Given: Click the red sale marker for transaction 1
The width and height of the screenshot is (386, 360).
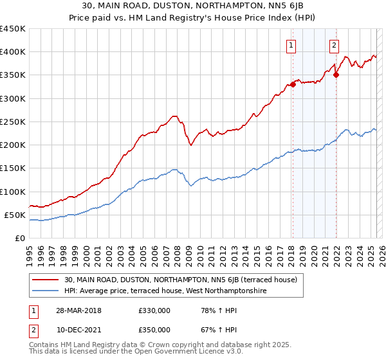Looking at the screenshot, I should pyautogui.click(x=293, y=84).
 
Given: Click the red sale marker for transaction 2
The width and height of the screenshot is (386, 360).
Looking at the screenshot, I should pyautogui.click(x=336, y=75).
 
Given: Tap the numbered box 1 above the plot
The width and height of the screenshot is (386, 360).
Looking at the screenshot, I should pyautogui.click(x=291, y=45).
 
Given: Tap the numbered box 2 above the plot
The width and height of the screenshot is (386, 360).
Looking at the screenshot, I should pyautogui.click(x=335, y=45).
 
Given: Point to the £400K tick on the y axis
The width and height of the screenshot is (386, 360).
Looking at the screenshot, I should pyautogui.click(x=14, y=52).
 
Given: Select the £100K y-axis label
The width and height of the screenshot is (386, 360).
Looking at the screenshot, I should pyautogui.click(x=14, y=192).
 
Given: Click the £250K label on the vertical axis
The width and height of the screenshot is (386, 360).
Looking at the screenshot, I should pyautogui.click(x=14, y=122).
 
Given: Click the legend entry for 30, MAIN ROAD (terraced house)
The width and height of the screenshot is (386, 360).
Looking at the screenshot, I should pyautogui.click(x=180, y=280).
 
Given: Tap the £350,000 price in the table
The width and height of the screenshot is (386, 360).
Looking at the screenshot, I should pyautogui.click(x=154, y=329).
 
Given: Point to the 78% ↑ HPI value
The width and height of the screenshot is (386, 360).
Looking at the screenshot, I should pyautogui.click(x=211, y=310).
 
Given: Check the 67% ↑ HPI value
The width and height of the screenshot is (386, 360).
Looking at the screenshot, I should pyautogui.click(x=211, y=329).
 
